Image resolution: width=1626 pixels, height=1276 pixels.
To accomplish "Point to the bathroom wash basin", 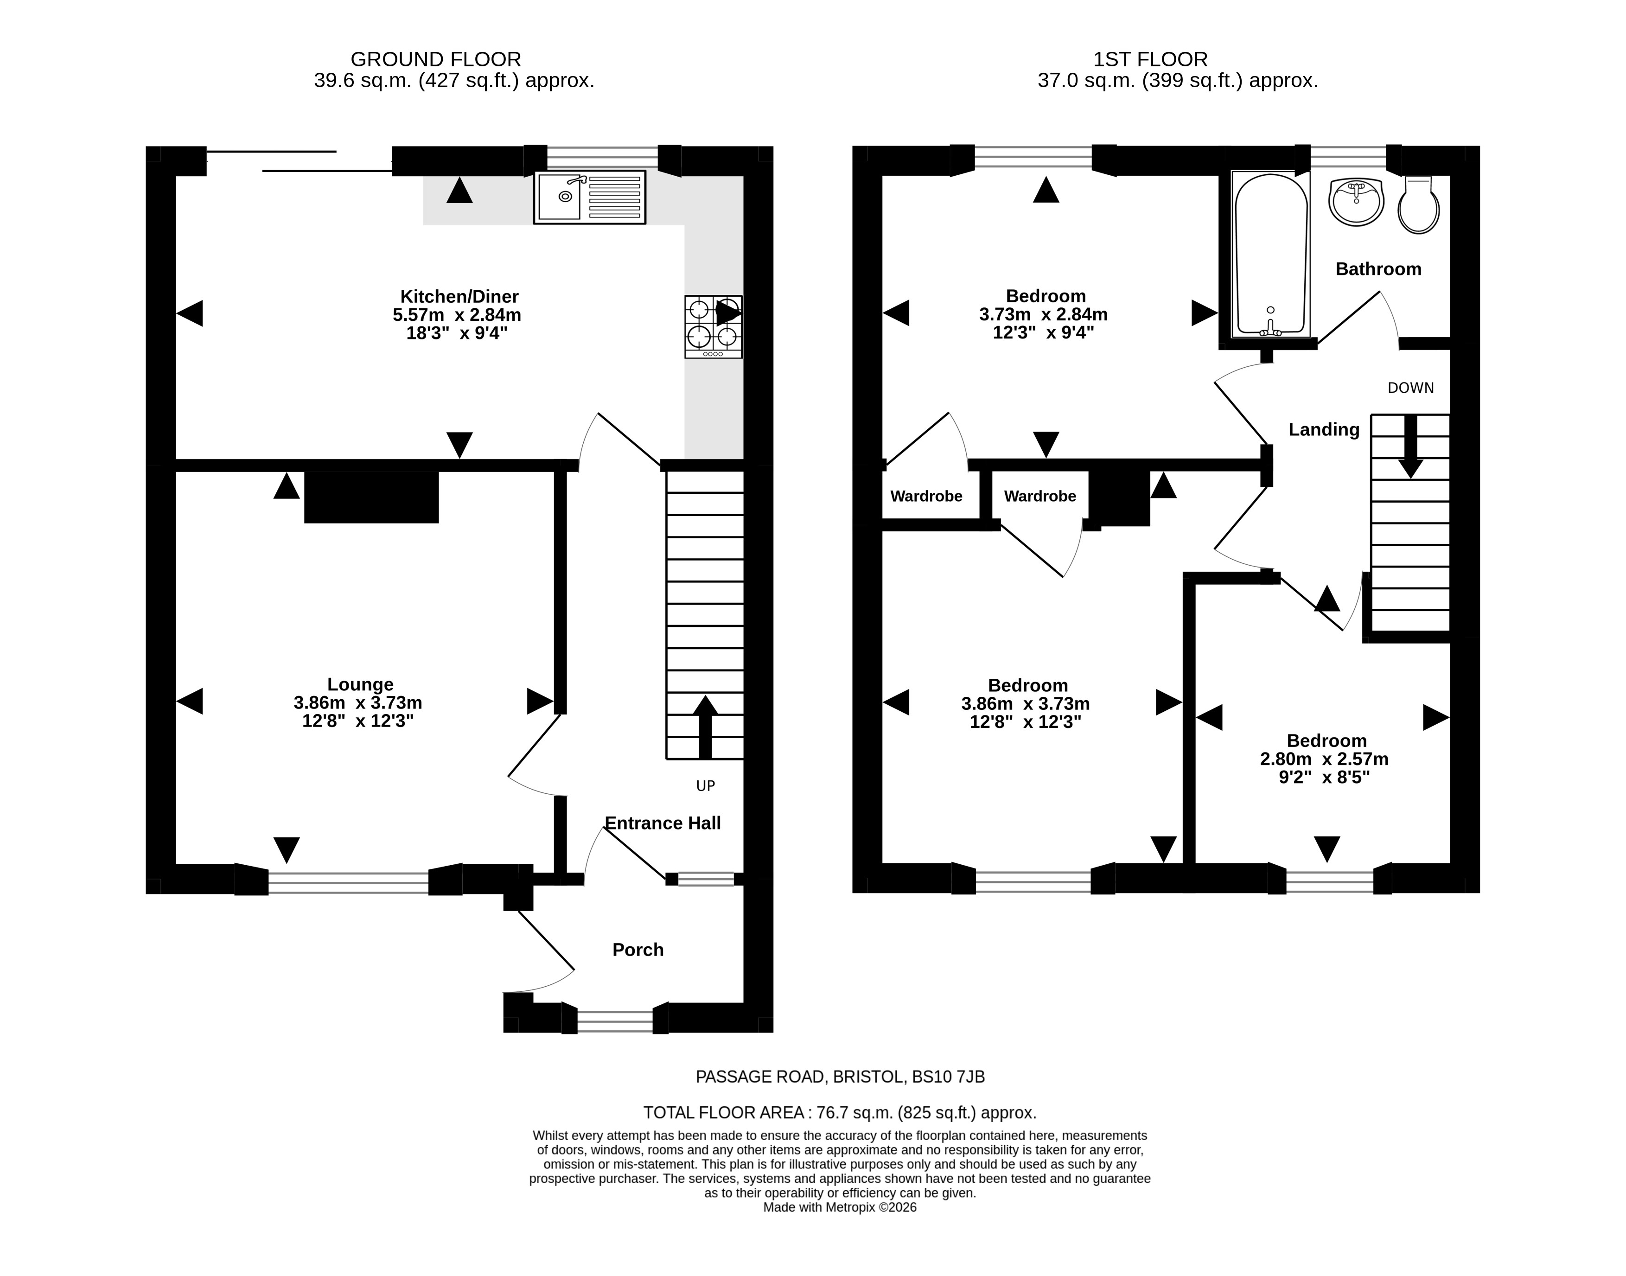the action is click(1356, 201).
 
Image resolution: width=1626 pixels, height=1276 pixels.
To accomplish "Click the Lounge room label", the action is click(360, 684).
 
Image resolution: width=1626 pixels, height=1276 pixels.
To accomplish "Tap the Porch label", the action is click(638, 950).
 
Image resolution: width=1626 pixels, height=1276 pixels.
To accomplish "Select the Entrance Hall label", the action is click(663, 823).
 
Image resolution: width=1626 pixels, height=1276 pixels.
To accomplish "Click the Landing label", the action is click(1324, 429).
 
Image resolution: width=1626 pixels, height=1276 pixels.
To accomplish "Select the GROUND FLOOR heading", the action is click(436, 59).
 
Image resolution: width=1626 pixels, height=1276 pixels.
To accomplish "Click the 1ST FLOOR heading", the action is click(1150, 59).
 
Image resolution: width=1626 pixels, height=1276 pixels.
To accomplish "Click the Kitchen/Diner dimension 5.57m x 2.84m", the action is click(457, 314).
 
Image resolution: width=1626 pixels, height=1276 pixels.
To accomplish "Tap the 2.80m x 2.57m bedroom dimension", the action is click(1324, 759).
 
